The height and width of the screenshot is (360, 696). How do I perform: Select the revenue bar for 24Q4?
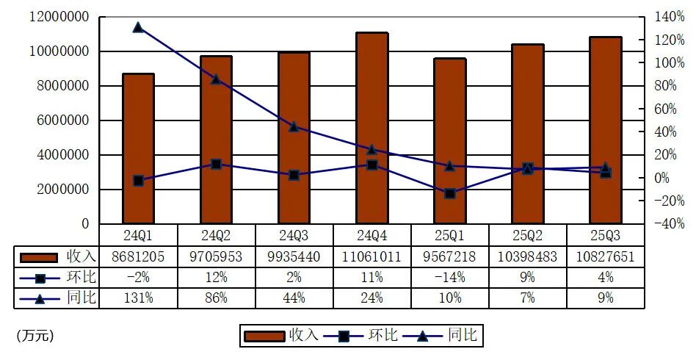pos(371,129)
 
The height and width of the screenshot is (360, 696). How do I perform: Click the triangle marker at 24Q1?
pos(138,27)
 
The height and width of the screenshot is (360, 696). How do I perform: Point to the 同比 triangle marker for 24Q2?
pos(216,79)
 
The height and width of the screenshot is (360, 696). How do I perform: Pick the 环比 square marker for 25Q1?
pos(449,193)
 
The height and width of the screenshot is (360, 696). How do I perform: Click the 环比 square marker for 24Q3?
pos(294,176)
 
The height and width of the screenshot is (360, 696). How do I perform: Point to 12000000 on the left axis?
pos(59,16)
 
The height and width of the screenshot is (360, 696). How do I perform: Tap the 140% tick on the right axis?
pos(659,16)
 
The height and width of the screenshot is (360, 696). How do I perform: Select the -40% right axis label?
pos(659,224)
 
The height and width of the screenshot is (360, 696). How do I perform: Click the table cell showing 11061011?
pos(371,256)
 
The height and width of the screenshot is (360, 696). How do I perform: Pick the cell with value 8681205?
pos(138,256)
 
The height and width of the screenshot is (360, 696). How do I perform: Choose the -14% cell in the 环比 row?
pos(449,277)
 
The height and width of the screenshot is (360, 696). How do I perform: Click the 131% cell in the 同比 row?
pos(138,298)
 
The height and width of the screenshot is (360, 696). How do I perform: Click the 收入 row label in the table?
pos(81,256)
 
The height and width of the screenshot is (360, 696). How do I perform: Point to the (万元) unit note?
pos(35,336)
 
